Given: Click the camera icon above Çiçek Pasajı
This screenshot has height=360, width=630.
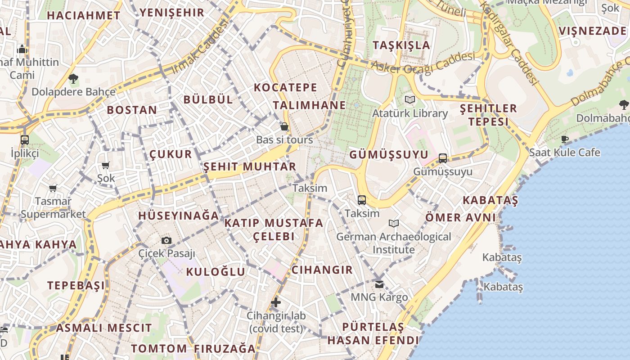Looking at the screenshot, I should pos(166,240).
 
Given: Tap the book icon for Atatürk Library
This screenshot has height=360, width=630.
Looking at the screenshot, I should pos(409,99).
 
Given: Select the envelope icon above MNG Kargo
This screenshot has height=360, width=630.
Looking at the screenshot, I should pos(379,284).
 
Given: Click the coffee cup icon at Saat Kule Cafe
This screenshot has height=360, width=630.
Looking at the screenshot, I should pos(565,139).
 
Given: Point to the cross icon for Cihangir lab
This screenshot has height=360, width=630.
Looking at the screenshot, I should pos(276,302).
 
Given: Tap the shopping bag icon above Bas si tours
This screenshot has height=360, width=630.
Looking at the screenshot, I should pos(284,126).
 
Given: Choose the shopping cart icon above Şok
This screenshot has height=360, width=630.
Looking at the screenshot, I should pos(106,165).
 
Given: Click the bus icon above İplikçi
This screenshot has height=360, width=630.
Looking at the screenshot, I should pos(25,139).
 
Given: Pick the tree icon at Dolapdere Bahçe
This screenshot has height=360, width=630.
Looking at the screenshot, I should pos(73,79).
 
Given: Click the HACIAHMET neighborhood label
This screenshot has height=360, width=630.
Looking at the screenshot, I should pos(84,15).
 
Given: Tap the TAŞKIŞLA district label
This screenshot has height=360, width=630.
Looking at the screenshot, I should pos(401,45).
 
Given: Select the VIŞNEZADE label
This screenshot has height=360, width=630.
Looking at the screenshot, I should pos(592,31).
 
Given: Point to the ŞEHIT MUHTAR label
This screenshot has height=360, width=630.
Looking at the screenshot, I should pos(250,166).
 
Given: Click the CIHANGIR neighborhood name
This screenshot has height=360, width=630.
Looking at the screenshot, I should pos(322,270).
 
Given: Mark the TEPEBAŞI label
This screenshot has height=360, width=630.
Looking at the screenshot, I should pos(76,285).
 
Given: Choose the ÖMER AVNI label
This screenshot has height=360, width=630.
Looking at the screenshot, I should pos(460,218).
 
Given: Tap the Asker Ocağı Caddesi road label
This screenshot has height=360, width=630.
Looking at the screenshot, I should pos(423,63).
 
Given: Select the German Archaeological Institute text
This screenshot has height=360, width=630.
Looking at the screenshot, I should pos(393,243).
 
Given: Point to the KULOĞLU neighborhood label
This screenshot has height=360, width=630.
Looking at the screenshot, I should pos(216,271).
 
